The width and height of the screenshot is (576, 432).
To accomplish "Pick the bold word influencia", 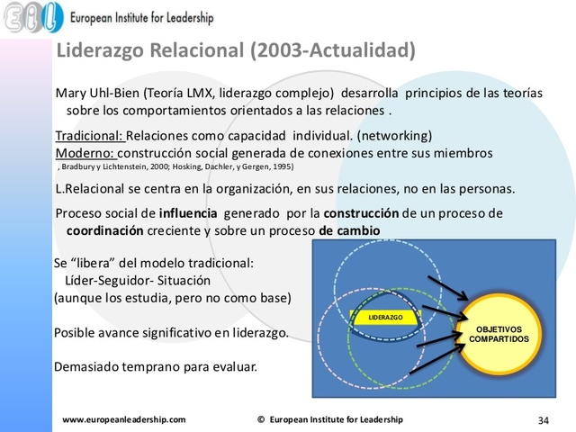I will click(x=188, y=214).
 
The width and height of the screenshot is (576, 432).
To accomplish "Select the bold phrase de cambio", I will click(x=350, y=230).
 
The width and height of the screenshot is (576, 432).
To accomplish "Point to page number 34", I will click(x=543, y=419).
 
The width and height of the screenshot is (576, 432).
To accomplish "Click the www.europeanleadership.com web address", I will click(x=123, y=419).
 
